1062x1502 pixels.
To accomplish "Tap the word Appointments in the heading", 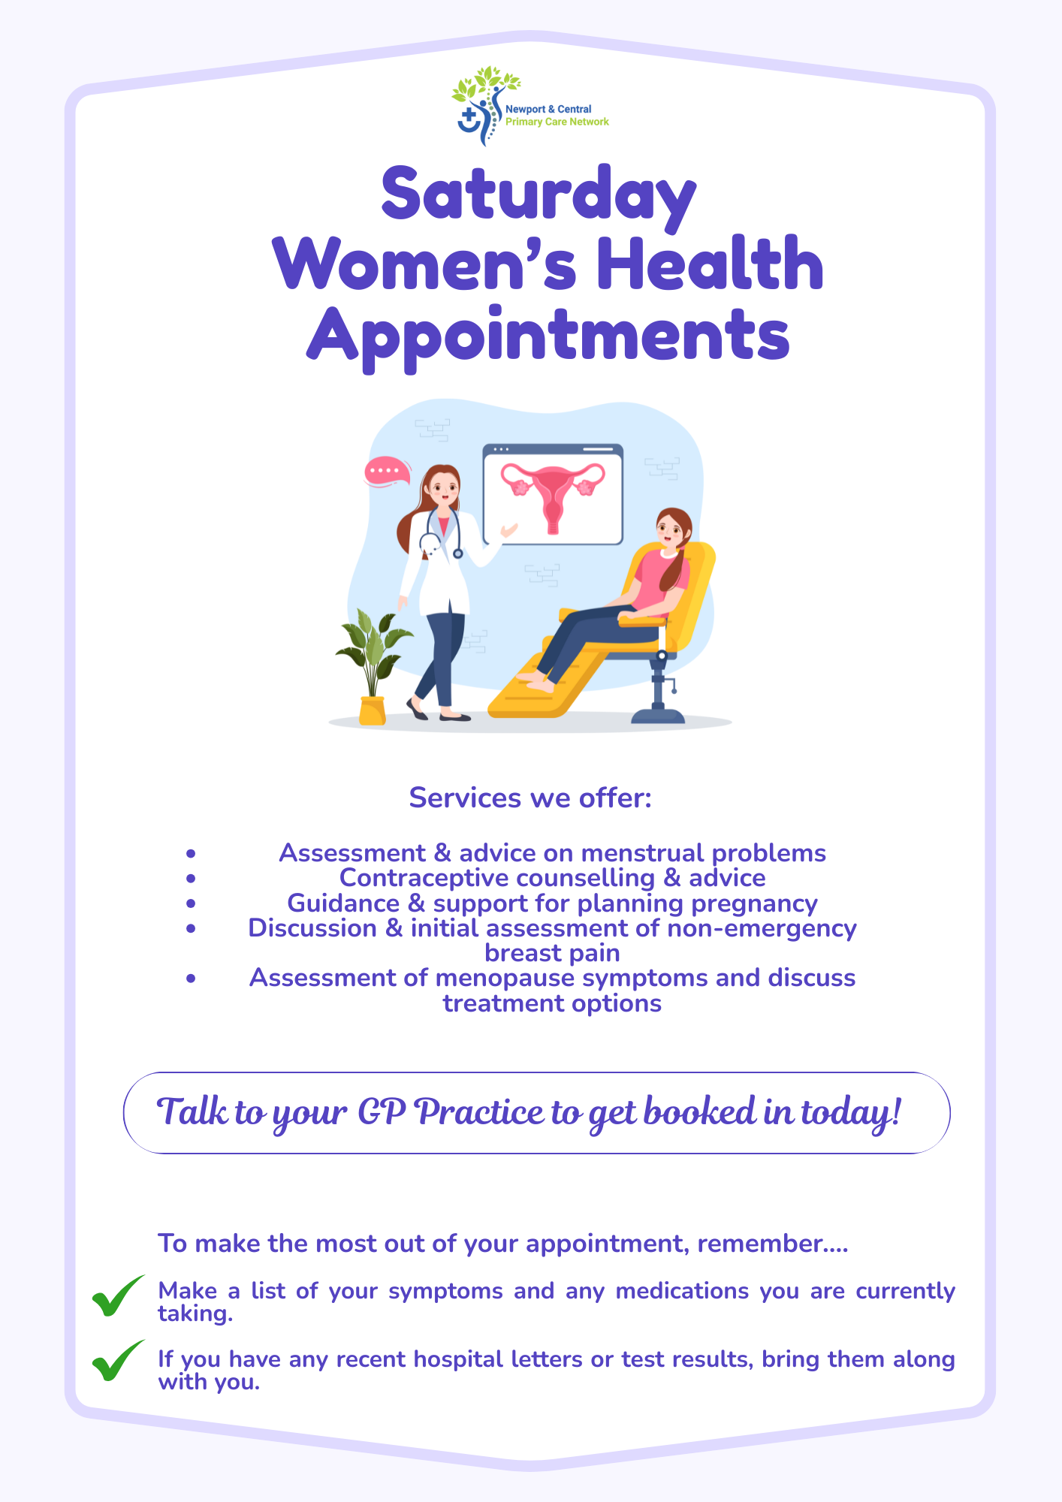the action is click(548, 336).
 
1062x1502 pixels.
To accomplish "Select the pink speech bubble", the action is click(387, 472).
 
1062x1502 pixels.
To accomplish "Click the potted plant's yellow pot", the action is click(373, 710).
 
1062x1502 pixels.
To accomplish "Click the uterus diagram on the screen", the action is click(553, 496).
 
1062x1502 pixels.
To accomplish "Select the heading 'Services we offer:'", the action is click(530, 798).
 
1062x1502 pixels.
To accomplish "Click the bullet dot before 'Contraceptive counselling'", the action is click(192, 878).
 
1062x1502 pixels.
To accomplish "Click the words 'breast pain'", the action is click(552, 953).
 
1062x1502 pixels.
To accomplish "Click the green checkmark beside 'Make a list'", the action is click(118, 1295).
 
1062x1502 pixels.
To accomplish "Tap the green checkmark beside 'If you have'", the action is click(118, 1360).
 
